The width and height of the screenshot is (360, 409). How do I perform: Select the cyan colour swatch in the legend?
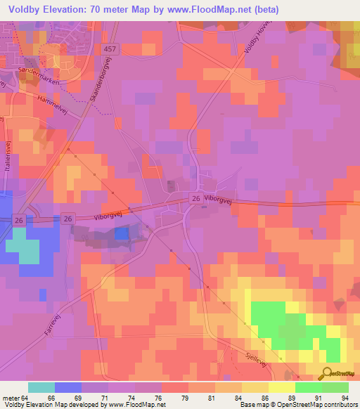pyautogui.click(x=41, y=387)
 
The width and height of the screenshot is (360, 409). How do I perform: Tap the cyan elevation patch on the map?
pyautogui.click(x=29, y=251)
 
